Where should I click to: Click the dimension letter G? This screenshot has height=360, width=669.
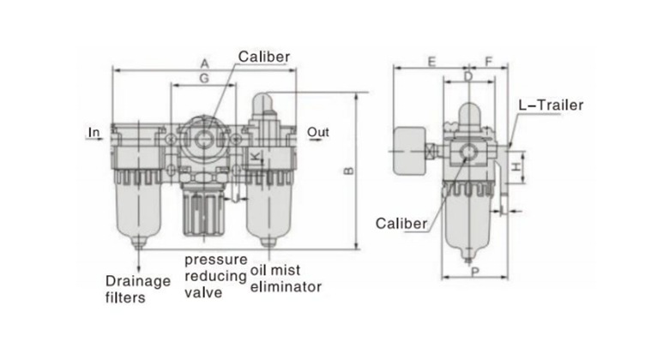click(204, 79)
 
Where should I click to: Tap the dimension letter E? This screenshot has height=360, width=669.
click(431, 62)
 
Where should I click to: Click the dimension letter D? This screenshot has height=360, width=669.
click(467, 77)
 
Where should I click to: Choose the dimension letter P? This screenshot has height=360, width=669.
click(474, 271)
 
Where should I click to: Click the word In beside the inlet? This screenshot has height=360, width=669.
click(94, 132)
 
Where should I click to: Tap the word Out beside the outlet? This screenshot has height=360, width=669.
click(319, 132)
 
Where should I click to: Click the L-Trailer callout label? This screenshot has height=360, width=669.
click(551, 105)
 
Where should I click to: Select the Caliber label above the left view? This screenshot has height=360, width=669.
click(264, 57)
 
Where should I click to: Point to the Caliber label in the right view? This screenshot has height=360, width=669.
click(401, 223)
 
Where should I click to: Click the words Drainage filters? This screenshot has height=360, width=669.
click(137, 289)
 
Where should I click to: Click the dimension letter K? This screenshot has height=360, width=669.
click(255, 154)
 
